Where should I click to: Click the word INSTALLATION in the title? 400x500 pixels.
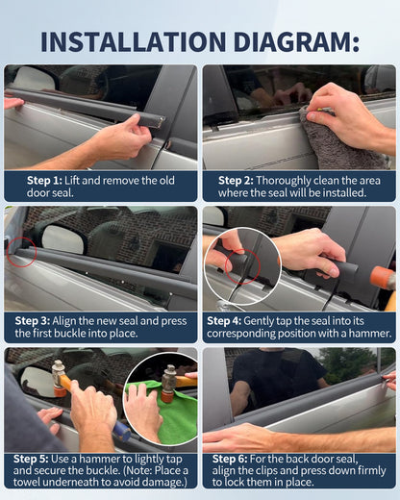[134, 41]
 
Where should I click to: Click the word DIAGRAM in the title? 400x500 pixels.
[296, 41]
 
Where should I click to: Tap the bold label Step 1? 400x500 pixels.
[44, 181]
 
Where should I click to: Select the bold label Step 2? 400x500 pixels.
[236, 181]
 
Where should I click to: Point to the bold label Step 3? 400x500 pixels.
[33, 321]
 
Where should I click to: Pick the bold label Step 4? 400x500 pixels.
[224, 321]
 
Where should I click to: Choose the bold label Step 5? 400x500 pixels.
[31, 459]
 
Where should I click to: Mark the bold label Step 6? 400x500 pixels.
[230, 459]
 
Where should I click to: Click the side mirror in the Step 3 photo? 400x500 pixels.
[63, 239]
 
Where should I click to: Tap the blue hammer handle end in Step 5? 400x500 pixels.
[122, 431]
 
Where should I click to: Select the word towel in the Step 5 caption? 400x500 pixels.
[27, 482]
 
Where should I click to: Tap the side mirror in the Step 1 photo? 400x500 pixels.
[35, 79]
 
